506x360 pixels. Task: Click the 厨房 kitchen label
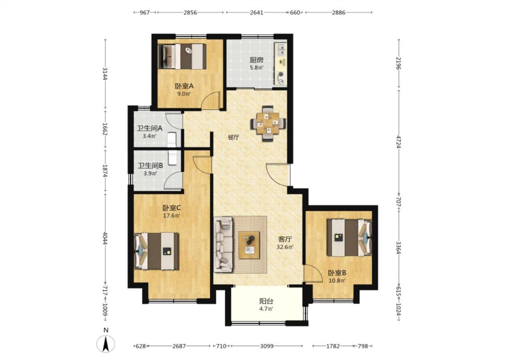coord(256,60)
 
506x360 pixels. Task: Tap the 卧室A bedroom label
coord(184,86)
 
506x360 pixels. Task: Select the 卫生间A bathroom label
coord(150,128)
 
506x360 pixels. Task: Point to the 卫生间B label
coord(150,166)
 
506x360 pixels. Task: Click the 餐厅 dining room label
coord(233,137)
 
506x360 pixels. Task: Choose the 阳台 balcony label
coord(266,301)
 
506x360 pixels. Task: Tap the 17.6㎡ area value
coord(171,216)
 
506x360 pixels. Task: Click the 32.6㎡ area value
coord(285,247)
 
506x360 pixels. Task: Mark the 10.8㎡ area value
coord(337,280)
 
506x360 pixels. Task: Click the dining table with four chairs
coord(268,123)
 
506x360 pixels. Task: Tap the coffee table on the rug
coord(249,245)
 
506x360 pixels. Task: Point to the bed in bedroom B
coord(349,238)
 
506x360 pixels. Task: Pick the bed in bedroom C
coord(157,251)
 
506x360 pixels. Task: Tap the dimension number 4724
coord(399,142)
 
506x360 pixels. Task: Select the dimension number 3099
coord(267,346)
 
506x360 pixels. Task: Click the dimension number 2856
coord(190,13)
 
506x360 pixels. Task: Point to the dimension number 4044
coord(104,238)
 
